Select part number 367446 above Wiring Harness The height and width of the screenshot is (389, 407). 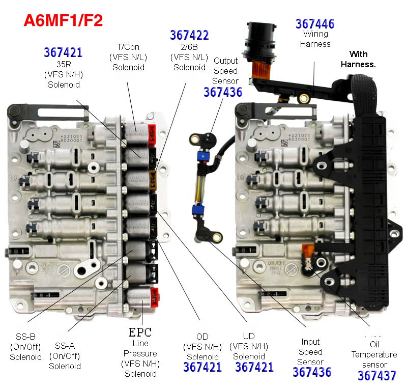pos(315,23)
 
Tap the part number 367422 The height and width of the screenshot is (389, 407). pos(189,35)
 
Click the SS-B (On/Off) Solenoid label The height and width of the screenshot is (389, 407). pos(25,346)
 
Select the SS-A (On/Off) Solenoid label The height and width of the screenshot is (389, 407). pos(65,355)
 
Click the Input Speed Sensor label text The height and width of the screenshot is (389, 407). pos(310,352)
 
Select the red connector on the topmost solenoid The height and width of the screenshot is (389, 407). pos(152,132)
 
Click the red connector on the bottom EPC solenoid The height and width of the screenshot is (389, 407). pos(153,295)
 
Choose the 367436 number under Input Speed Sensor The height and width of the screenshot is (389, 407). pos(312,372)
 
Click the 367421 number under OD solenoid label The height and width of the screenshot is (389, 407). pos(202,367)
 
